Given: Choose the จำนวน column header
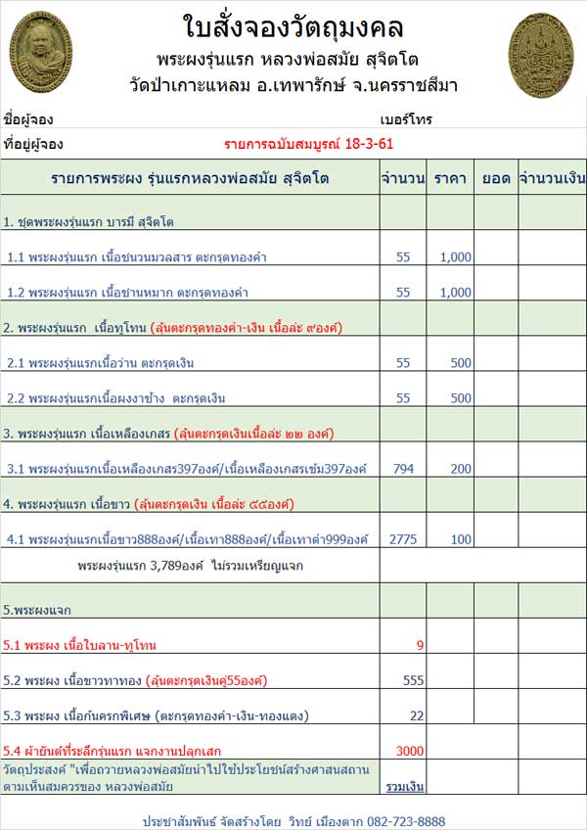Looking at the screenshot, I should (x=403, y=179).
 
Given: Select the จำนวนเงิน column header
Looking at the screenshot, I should (x=552, y=179).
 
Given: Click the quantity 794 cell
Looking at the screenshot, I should (x=403, y=469).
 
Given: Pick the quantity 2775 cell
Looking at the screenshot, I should (x=403, y=539).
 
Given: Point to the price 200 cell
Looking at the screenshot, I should (x=459, y=469).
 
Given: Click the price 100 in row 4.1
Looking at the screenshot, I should (x=459, y=539).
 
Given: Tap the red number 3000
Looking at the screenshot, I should (x=409, y=751).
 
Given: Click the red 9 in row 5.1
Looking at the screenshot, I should (x=420, y=645).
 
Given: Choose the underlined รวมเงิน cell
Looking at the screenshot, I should (x=404, y=786).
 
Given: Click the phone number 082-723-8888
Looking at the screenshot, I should (x=403, y=820).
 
